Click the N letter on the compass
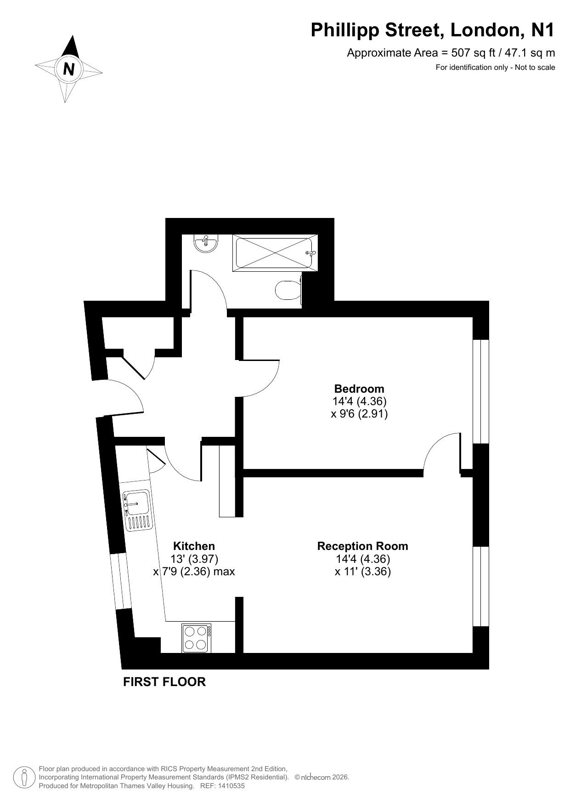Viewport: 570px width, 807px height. [x=69, y=69]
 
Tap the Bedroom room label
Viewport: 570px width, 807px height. [x=359, y=389]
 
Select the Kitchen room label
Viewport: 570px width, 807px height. [x=194, y=546]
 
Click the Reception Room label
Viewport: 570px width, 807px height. [x=363, y=546]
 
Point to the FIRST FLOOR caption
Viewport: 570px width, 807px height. [x=164, y=682]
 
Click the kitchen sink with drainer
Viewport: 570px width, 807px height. [x=137, y=510]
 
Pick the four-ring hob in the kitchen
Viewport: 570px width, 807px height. [x=197, y=638]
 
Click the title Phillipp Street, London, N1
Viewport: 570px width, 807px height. [x=433, y=30]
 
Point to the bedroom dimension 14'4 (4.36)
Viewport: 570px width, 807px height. [x=360, y=401]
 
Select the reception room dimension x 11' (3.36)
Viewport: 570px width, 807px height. [x=363, y=572]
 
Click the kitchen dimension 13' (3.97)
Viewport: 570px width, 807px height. [x=194, y=559]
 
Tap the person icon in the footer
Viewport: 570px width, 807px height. [x=25, y=777]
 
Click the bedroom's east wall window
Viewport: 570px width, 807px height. [x=481, y=392]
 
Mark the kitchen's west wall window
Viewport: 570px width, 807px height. [x=121, y=581]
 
